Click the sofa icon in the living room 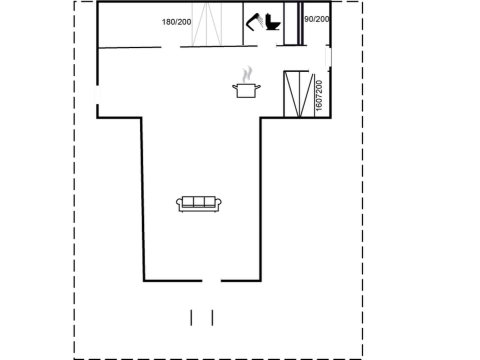tap(198, 203)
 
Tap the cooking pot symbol tap(246, 90)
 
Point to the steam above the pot tap(246, 74)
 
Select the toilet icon tap(273, 22)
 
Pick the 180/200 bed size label tap(176, 22)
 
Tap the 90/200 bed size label tap(316, 19)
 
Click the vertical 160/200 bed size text tap(319, 95)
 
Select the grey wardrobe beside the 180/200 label tap(206, 24)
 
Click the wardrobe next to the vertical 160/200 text tap(298, 94)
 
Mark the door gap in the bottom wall tap(211, 280)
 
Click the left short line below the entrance tap(191, 317)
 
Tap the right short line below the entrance tap(212, 317)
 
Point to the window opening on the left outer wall tap(97, 94)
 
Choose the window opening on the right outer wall tap(328, 57)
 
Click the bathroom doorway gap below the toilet tap(266, 46)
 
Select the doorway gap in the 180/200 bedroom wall tap(170, 47)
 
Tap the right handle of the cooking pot tap(258, 87)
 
